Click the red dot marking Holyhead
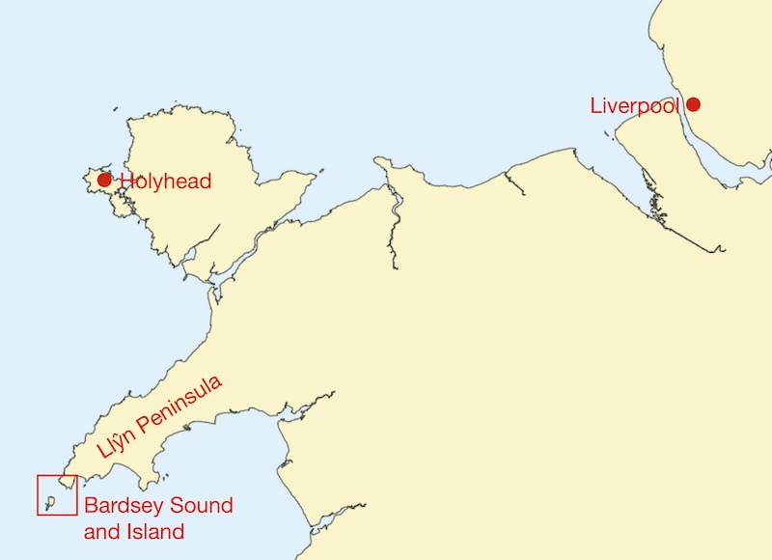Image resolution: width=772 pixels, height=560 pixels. click(104, 181)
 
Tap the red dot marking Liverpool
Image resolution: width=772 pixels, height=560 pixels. click(693, 104)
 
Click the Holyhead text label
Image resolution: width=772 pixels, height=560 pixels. click(165, 182)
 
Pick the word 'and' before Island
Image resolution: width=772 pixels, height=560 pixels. click(99, 531)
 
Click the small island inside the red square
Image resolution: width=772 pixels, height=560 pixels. click(49, 501)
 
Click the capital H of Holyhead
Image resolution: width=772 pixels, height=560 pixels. click(126, 182)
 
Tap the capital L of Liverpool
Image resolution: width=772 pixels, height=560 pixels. click(595, 105)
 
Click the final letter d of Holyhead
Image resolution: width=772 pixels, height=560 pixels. click(205, 182)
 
